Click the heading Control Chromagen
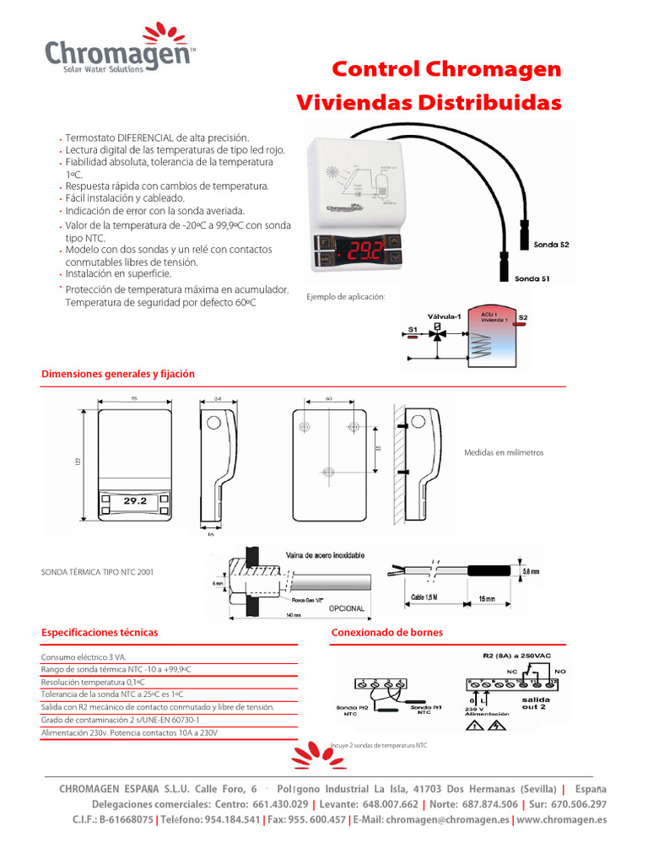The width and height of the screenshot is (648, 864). click(x=445, y=69)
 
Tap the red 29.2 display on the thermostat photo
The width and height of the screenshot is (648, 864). click(x=362, y=249)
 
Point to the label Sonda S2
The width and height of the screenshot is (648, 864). click(x=551, y=245)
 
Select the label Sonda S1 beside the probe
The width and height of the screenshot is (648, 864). click(x=532, y=278)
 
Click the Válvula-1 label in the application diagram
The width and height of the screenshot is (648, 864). click(x=444, y=316)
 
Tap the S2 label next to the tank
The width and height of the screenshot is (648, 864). click(x=523, y=318)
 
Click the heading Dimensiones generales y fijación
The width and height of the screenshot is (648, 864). click(x=118, y=374)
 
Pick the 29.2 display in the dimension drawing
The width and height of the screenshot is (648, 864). click(x=135, y=500)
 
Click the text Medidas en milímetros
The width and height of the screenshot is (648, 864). click(x=504, y=453)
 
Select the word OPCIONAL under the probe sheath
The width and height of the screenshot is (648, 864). click(x=340, y=608)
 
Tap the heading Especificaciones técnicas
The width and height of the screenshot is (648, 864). click(x=100, y=632)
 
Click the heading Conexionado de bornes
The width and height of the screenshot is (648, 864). click(x=386, y=632)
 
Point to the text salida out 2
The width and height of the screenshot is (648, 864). click(x=535, y=703)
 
